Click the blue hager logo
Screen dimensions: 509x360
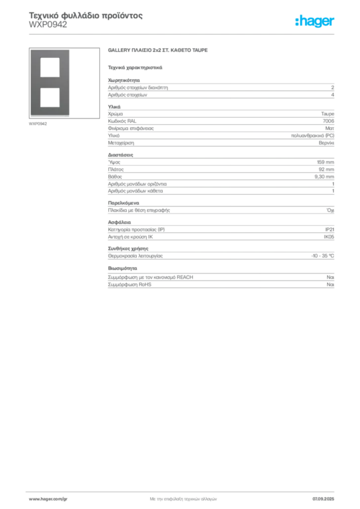click(x=315, y=21)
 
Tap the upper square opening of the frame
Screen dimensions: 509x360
click(x=50, y=67)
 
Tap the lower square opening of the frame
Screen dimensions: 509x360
click(x=50, y=96)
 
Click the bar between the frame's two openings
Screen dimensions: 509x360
click(x=50, y=82)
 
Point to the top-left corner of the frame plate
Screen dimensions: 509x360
click(x=30, y=50)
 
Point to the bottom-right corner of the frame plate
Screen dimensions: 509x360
click(x=70, y=118)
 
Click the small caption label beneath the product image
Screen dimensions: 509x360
click(x=38, y=124)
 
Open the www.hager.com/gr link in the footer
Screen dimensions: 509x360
click(x=48, y=499)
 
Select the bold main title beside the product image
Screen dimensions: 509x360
click(x=159, y=51)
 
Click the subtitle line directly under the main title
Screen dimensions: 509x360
click(x=135, y=67)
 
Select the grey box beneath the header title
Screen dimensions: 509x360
click(x=47, y=29)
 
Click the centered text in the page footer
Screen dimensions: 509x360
click(x=184, y=499)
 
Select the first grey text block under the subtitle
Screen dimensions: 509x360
click(x=220, y=89)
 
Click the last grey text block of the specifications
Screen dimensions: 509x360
click(x=220, y=280)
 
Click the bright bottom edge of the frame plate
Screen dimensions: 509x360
click(x=50, y=117)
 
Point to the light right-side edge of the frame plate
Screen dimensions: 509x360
click(x=70, y=84)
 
